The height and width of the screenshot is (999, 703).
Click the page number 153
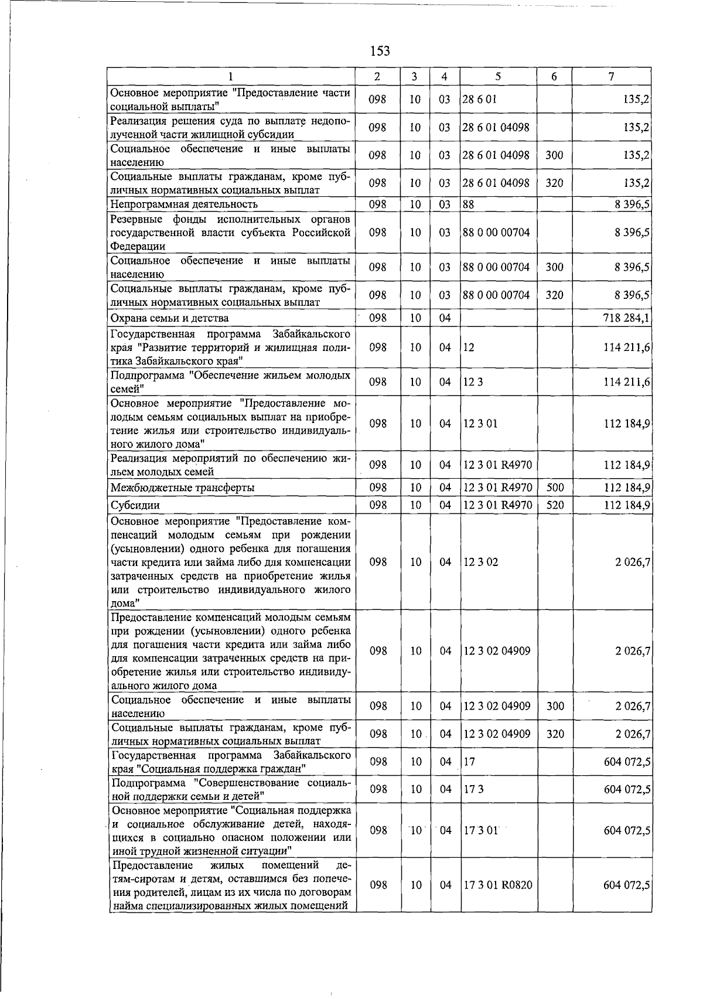click(380, 51)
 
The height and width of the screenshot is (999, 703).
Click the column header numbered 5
click(497, 76)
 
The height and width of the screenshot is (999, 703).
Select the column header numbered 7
click(611, 76)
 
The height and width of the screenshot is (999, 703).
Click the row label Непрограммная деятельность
click(184, 204)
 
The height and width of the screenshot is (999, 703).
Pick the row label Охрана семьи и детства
click(169, 318)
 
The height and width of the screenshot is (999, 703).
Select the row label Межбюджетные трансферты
click(182, 487)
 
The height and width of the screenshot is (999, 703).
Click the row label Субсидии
click(135, 505)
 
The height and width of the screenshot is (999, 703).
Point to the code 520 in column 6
click(554, 505)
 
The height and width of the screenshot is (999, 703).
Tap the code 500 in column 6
click(554, 487)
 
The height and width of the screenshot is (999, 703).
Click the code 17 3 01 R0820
click(498, 885)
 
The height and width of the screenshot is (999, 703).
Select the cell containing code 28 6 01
click(479, 99)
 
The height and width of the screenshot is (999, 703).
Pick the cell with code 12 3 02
click(480, 562)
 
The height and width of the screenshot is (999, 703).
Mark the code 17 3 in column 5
click(473, 789)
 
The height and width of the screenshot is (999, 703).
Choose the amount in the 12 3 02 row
click(632, 562)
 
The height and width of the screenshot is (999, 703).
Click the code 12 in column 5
click(468, 347)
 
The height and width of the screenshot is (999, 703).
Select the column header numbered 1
click(231, 76)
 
